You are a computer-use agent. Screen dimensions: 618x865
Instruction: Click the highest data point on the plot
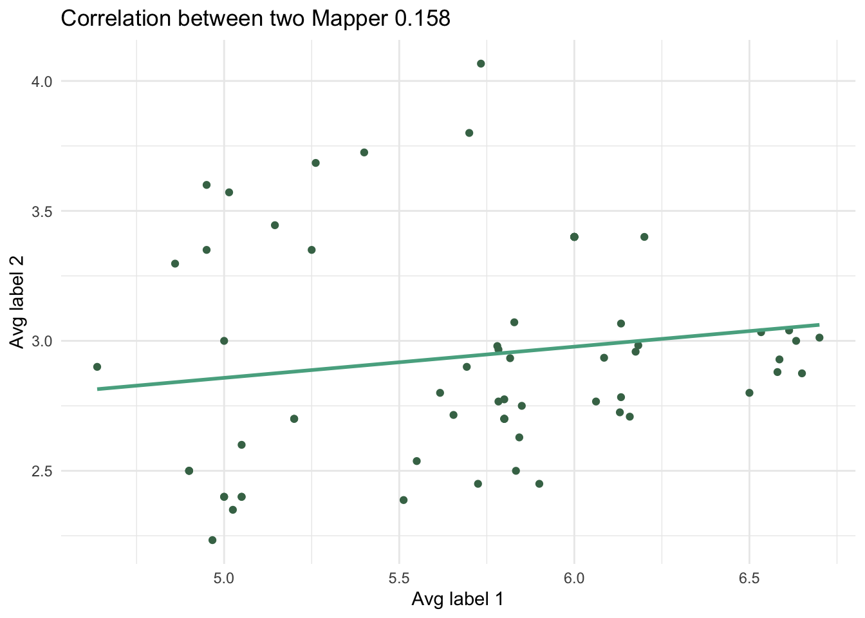(481, 64)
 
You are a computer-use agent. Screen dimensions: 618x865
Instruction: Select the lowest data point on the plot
(212, 540)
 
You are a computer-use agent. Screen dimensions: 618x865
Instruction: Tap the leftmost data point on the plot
(97, 367)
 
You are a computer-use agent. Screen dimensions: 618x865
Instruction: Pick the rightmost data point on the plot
(819, 338)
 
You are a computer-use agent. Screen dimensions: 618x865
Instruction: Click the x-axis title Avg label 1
(458, 599)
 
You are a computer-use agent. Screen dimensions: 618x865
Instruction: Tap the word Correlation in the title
(115, 19)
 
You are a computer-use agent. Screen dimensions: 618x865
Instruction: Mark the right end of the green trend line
(819, 324)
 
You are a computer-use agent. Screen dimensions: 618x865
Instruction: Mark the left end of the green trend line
(98, 389)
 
